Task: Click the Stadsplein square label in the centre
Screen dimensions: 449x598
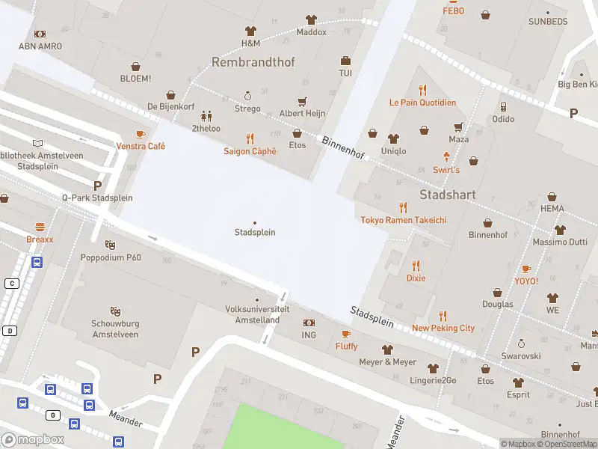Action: point(255,232)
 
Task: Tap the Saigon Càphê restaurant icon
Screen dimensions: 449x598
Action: point(250,138)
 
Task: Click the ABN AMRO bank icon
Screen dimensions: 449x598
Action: point(40,34)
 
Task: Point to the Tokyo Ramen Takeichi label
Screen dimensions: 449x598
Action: point(403,220)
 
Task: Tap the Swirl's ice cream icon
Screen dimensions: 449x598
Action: point(447,156)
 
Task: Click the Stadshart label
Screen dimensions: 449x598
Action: point(448,195)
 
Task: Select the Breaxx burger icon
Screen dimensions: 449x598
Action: point(40,226)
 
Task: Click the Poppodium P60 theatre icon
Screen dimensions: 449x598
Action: point(111,245)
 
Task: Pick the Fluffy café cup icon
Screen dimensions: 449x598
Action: point(345,334)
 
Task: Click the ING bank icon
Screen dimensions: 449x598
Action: point(309,323)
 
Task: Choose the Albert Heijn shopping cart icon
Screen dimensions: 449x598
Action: point(302,101)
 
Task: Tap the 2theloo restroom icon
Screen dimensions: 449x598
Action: point(206,116)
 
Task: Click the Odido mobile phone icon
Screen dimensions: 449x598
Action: point(503,106)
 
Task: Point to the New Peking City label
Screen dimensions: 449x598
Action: point(443,328)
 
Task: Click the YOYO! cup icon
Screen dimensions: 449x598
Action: point(525,269)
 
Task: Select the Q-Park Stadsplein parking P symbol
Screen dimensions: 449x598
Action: point(97,185)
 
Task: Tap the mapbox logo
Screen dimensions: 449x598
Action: point(32,440)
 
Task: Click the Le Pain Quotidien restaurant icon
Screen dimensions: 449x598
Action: point(422,90)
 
